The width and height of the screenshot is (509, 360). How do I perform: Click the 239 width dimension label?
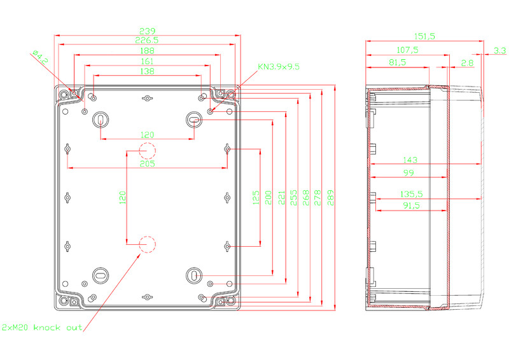[x=148, y=31]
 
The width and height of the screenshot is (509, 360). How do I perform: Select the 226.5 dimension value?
[x=147, y=40]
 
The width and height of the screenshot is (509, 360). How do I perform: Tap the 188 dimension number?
[x=148, y=51]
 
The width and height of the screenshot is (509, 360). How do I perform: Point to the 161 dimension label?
[x=148, y=61]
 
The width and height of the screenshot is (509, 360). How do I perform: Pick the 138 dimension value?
[x=148, y=71]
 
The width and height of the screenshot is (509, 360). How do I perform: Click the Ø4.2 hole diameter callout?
[x=41, y=57]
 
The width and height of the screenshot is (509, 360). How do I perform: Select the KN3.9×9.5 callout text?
[x=279, y=67]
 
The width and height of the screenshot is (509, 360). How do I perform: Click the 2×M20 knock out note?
[x=42, y=328]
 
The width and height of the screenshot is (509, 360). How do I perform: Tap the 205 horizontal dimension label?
[x=148, y=163]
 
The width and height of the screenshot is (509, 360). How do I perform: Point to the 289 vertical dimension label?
[x=330, y=198]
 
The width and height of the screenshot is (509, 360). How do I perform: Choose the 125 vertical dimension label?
[x=256, y=198]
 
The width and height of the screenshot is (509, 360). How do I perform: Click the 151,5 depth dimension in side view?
[x=424, y=36]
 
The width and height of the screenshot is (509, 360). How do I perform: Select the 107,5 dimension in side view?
[x=408, y=50]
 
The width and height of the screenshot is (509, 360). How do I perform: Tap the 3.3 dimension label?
[x=500, y=50]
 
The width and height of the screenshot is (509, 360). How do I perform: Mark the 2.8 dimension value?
[x=467, y=63]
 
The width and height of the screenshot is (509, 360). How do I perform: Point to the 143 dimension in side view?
[x=410, y=160]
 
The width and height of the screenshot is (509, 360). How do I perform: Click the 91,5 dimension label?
[x=411, y=205]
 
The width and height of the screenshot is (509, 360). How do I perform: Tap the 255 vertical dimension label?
[x=293, y=198]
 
